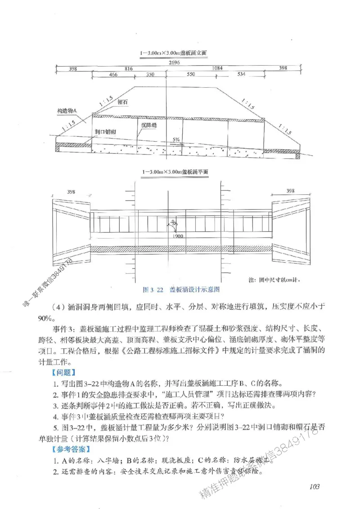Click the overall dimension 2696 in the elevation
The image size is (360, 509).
(x=175, y=62)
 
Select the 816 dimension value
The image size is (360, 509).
(x=128, y=68)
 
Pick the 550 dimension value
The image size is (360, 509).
(x=191, y=74)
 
